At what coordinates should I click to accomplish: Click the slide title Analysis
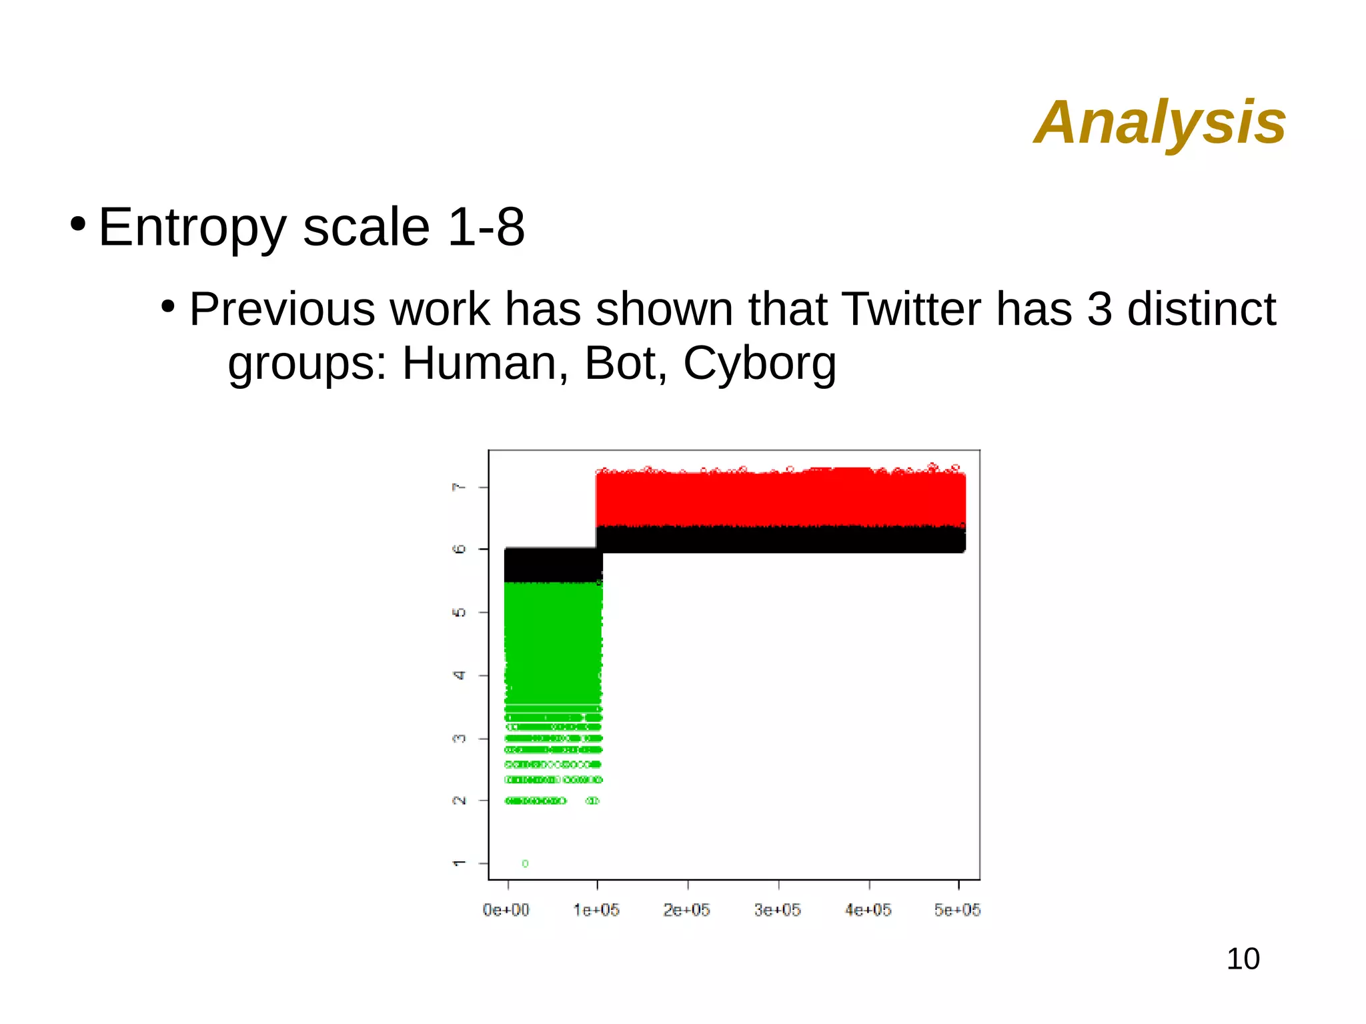pos(1159,123)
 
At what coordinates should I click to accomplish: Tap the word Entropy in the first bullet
pos(192,228)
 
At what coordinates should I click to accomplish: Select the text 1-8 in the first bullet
pos(486,227)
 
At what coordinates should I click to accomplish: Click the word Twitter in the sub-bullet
pos(911,310)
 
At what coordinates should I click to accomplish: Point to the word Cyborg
pos(759,364)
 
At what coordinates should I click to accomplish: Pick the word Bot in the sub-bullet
pos(625,364)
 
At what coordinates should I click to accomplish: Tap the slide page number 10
pos(1243,959)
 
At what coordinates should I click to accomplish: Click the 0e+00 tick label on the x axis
pos(506,910)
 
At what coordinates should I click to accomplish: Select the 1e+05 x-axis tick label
pos(596,910)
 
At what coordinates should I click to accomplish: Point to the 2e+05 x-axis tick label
pos(686,910)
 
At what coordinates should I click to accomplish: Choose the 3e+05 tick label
pos(777,910)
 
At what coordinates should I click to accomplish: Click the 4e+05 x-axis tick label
pos(868,910)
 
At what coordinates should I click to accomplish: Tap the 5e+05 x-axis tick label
pos(957,910)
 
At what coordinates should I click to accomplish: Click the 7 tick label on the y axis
pos(459,488)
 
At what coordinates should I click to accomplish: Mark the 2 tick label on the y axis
pos(459,801)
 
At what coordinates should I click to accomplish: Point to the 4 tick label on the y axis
pos(459,676)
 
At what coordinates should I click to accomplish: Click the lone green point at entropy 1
pos(525,864)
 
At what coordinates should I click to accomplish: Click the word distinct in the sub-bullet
pos(1201,310)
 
